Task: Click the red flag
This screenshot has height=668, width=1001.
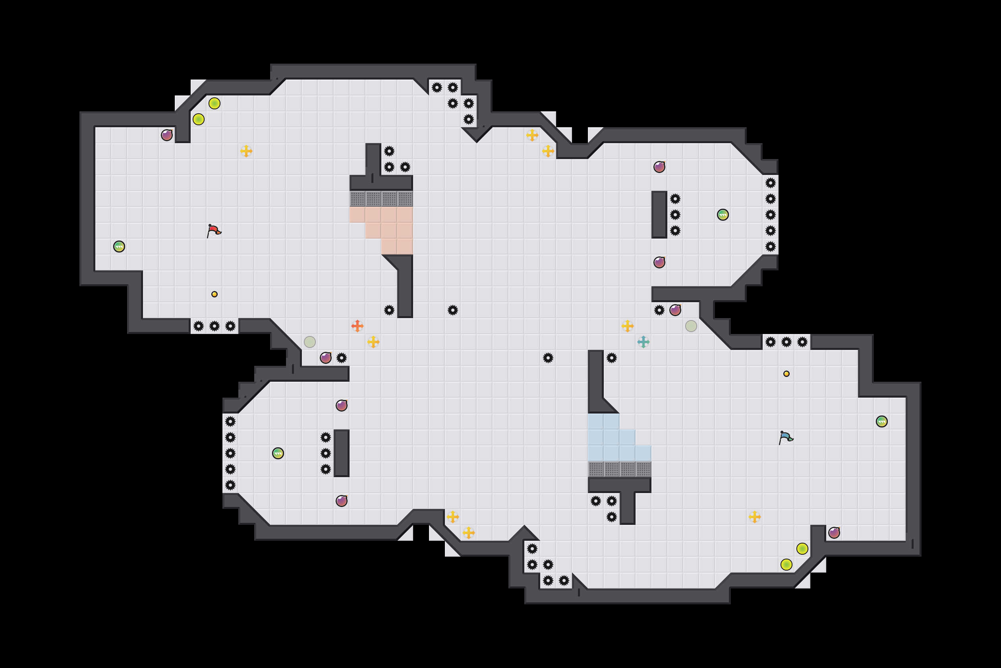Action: [213, 231]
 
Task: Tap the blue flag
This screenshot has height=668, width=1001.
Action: [785, 437]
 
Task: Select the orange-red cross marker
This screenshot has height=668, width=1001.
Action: [357, 326]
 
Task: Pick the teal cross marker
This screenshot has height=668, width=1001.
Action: [643, 342]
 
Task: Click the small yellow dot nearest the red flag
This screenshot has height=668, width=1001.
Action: [214, 294]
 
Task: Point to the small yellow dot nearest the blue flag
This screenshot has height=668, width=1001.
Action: [786, 374]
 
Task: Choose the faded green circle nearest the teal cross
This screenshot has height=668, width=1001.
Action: [691, 326]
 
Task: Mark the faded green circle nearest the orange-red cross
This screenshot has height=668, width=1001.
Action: [309, 342]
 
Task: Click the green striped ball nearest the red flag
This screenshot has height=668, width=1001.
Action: [119, 246]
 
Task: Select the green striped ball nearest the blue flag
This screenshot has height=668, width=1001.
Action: [882, 421]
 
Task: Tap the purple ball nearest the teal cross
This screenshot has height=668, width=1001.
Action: [675, 310]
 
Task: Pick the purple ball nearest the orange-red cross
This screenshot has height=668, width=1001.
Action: [326, 357]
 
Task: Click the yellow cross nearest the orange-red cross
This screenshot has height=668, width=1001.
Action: [373, 342]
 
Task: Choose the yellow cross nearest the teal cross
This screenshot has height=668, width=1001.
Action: [627, 326]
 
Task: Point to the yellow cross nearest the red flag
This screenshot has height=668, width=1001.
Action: [246, 151]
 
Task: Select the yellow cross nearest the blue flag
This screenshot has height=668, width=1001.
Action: [755, 517]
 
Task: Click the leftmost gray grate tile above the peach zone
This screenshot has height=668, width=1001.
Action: [357, 198]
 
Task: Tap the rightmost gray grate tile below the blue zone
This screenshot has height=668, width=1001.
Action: [643, 469]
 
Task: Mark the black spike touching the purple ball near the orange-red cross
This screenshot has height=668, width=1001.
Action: [341, 357]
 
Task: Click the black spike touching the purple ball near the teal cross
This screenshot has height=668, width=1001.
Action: [659, 310]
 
